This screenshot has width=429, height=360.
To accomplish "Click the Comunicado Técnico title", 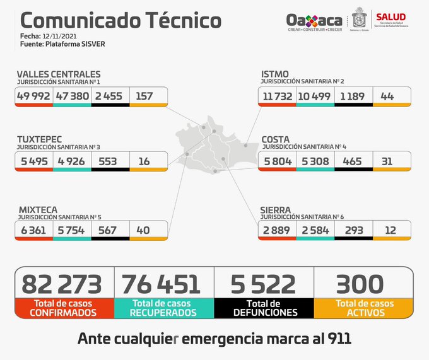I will coord(117,20).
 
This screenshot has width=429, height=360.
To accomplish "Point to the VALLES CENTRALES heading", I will coord(58,74).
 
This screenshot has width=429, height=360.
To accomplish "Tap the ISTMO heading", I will coord(275,74).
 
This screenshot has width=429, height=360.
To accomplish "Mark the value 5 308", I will coord(315,161).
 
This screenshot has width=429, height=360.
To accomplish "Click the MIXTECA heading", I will coord(37,208).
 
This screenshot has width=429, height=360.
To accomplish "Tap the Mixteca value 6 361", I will coord(33,230).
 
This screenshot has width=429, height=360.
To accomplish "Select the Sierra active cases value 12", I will coord(391,230).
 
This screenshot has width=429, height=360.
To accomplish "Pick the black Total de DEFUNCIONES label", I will coord(264,308).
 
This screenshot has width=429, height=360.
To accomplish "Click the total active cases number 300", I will coord(360,284).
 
